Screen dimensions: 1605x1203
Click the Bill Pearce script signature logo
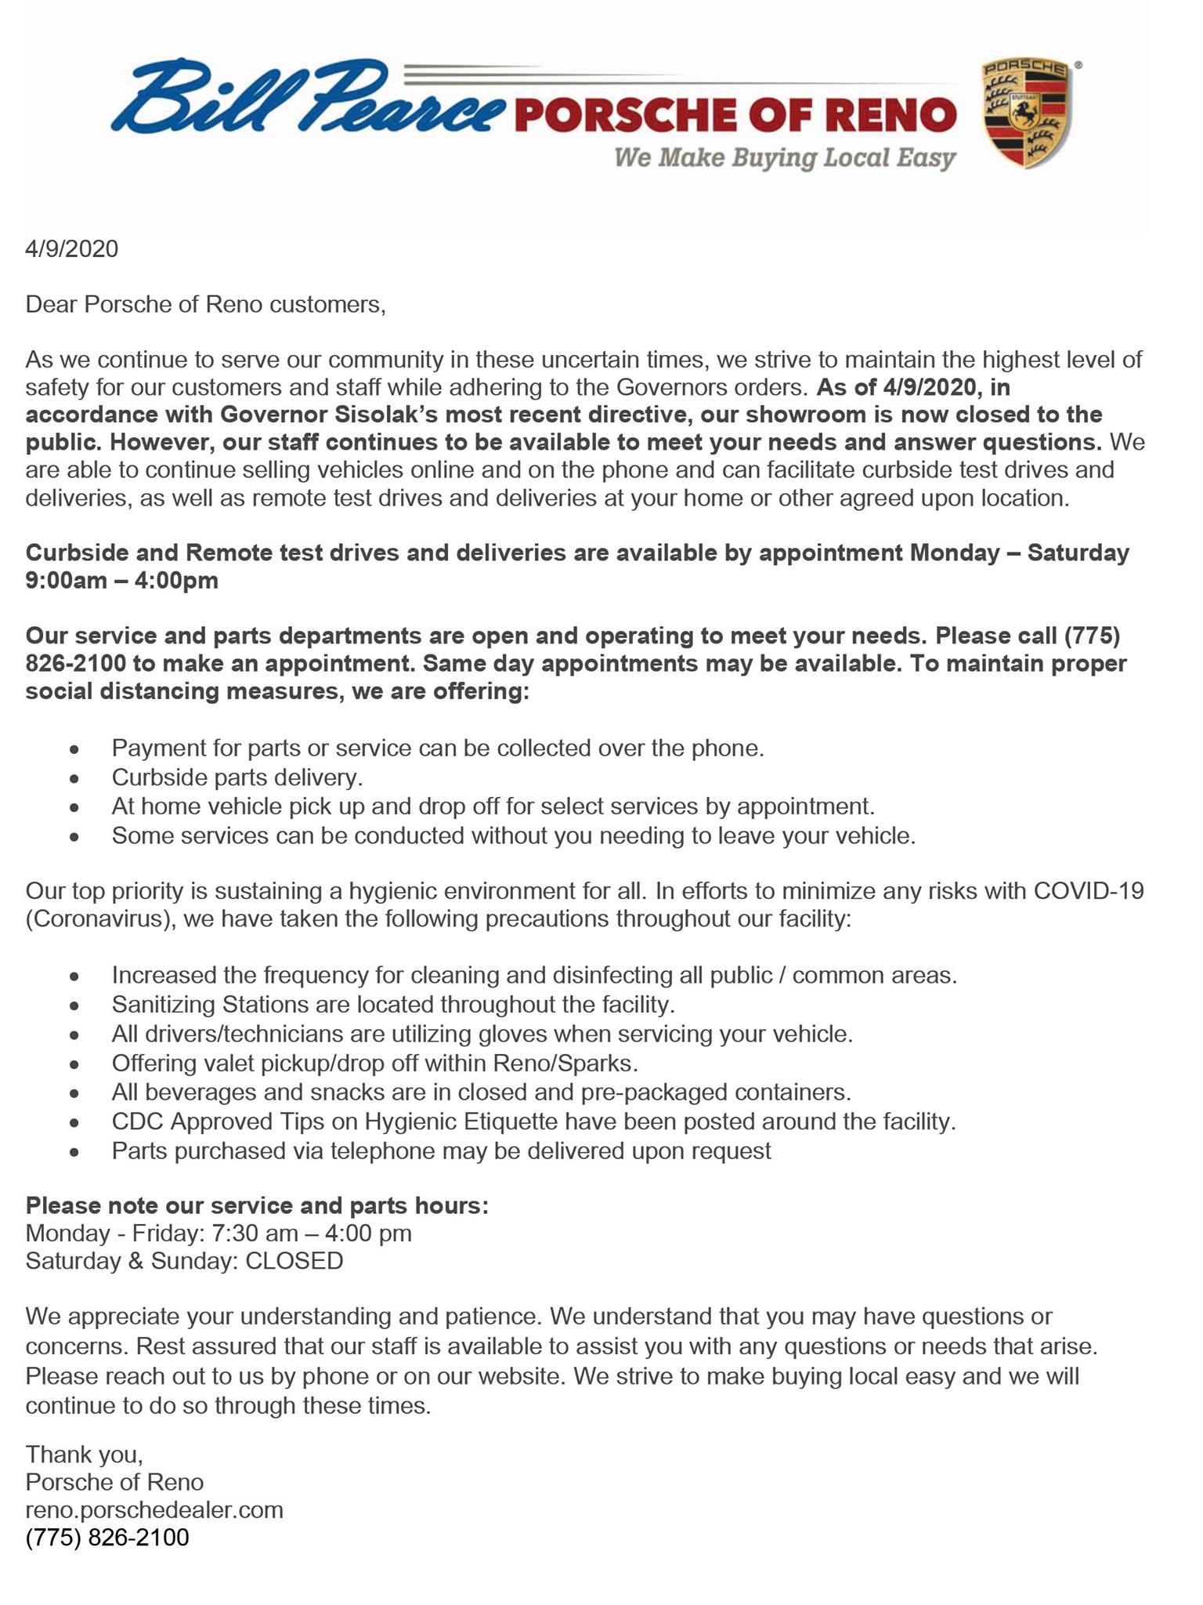tap(305, 98)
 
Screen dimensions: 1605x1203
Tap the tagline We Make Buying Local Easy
tap(785, 158)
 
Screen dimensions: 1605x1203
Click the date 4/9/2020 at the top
tap(72, 249)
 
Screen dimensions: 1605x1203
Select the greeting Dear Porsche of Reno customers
tap(206, 304)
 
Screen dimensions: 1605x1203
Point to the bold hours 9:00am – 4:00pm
tap(122, 581)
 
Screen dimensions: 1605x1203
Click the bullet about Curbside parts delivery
tap(237, 777)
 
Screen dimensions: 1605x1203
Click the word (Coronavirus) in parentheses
tap(100, 918)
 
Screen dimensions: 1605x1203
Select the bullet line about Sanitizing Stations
tap(393, 1004)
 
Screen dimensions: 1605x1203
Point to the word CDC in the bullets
tap(137, 1121)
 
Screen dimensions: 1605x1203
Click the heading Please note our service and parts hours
tap(257, 1205)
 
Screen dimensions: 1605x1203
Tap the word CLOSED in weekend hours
tap(294, 1261)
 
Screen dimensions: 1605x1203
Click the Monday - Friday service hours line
tap(219, 1234)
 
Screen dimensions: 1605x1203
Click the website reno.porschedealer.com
tap(154, 1509)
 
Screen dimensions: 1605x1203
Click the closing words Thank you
tap(84, 1455)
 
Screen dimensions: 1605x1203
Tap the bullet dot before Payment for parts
tap(74, 750)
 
